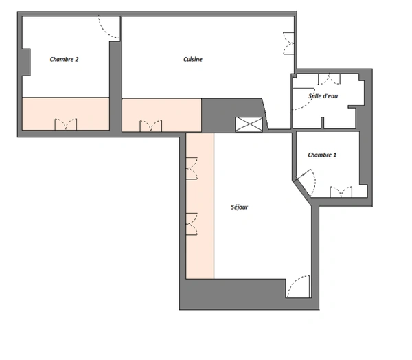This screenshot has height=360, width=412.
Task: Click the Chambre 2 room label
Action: tap(64, 60)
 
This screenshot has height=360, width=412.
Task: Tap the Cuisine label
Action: tap(193, 60)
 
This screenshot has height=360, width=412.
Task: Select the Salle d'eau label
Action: tap(323, 96)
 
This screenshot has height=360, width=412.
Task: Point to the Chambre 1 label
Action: tap(322, 155)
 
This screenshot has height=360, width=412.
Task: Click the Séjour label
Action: tap(240, 207)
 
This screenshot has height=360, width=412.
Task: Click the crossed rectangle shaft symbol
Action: tap(249, 124)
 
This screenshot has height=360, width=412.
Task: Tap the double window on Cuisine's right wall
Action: tap(288, 43)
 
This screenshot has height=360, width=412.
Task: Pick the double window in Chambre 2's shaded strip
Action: tap(66, 124)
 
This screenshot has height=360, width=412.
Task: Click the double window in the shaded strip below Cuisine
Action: tap(151, 126)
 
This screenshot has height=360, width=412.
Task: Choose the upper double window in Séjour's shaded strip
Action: tap(192, 168)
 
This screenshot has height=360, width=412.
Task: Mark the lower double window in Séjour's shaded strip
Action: tap(192, 224)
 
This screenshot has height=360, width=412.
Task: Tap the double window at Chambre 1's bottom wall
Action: tap(341, 192)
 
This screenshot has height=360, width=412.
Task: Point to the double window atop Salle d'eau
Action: tap(329, 79)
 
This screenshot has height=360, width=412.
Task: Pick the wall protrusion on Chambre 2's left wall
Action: tap(26, 63)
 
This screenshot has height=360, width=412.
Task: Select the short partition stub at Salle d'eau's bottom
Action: tap(323, 123)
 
